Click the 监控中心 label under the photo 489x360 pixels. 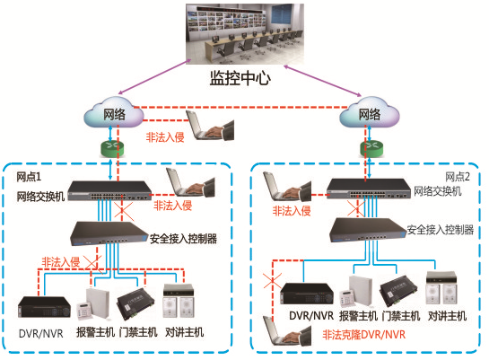240,78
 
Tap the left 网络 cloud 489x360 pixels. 114,114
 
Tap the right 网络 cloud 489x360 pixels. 369,114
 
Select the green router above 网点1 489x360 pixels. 112,149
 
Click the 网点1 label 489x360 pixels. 29,177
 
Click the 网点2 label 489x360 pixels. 458,177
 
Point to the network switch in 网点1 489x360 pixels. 109,190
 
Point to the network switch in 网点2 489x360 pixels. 369,189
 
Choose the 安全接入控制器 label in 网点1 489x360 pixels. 183,239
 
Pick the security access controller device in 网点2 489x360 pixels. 368,230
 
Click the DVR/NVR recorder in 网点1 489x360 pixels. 44,307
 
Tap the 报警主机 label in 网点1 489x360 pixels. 95,332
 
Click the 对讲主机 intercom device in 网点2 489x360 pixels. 441,288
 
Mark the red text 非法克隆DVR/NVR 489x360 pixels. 364,335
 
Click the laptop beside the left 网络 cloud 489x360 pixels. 210,126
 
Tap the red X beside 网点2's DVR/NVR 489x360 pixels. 272,280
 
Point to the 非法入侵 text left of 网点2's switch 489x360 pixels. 292,211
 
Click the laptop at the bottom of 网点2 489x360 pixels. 287,330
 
